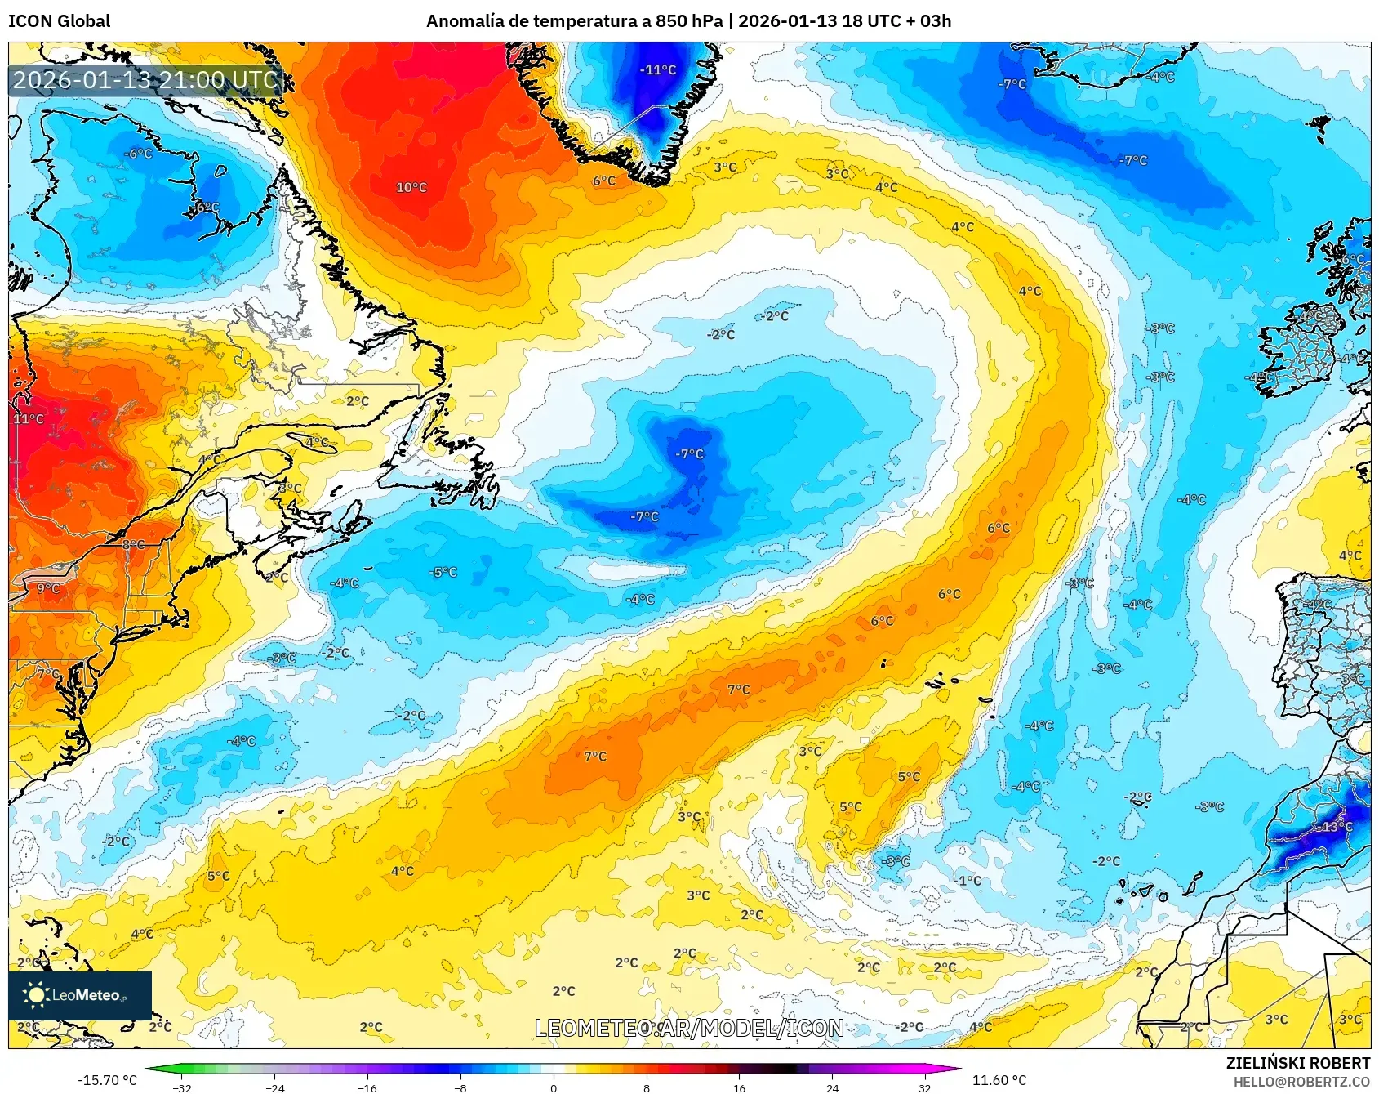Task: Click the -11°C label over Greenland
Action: (x=657, y=70)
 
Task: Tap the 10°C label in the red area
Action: (x=411, y=187)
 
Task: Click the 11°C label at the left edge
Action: (x=29, y=419)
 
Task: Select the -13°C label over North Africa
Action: (x=1332, y=827)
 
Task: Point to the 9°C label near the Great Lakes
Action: (x=48, y=588)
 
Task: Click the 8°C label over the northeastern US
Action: (x=133, y=545)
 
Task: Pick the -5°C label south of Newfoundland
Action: (x=443, y=572)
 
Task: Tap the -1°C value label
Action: (x=968, y=881)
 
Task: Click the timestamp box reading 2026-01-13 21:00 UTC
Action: (x=145, y=80)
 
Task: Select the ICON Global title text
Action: (x=59, y=21)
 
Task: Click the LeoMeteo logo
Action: (x=80, y=995)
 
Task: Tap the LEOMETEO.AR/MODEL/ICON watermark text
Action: (x=689, y=1028)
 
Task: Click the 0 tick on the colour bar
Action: (x=554, y=1087)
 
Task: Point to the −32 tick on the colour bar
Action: (x=182, y=1087)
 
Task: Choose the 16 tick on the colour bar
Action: (x=739, y=1087)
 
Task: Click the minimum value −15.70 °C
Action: (x=108, y=1080)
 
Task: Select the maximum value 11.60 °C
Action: (x=999, y=1080)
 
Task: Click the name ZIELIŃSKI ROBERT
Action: (x=1297, y=1063)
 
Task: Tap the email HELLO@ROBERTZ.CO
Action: (x=1301, y=1082)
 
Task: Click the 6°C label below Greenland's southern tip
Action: (x=604, y=181)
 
